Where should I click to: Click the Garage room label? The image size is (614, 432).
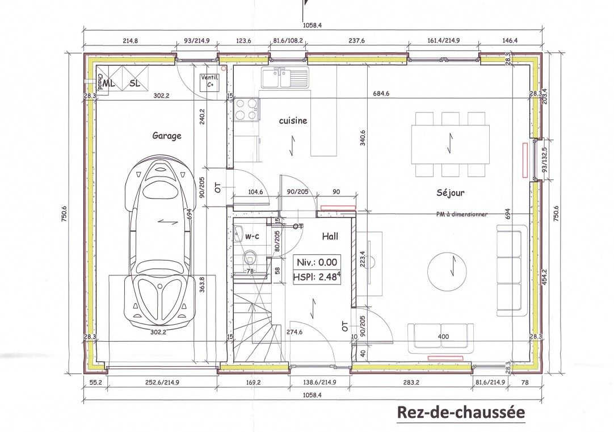pyautogui.click(x=167, y=136)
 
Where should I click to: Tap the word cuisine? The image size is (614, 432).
pyautogui.click(x=293, y=121)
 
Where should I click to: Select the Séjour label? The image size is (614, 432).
pyautogui.click(x=451, y=192)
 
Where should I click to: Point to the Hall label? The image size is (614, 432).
pyautogui.click(x=330, y=236)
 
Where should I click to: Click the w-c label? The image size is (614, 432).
pyautogui.click(x=252, y=236)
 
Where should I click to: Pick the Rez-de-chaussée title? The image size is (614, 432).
pyautogui.click(x=461, y=412)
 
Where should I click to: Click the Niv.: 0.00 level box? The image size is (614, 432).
pyautogui.click(x=317, y=262)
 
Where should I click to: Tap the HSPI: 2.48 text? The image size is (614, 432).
pyautogui.click(x=317, y=277)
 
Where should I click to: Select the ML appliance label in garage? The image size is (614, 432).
pyautogui.click(x=110, y=83)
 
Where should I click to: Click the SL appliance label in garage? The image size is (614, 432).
pyautogui.click(x=134, y=83)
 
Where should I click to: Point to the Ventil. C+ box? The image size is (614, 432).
pyautogui.click(x=209, y=82)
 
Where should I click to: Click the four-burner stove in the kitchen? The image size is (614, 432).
pyautogui.click(x=247, y=109)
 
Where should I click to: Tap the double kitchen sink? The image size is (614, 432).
pyautogui.click(x=285, y=78)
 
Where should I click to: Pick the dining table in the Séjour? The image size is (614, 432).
pyautogui.click(x=451, y=145)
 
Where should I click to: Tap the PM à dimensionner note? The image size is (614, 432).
pyautogui.click(x=462, y=214)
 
